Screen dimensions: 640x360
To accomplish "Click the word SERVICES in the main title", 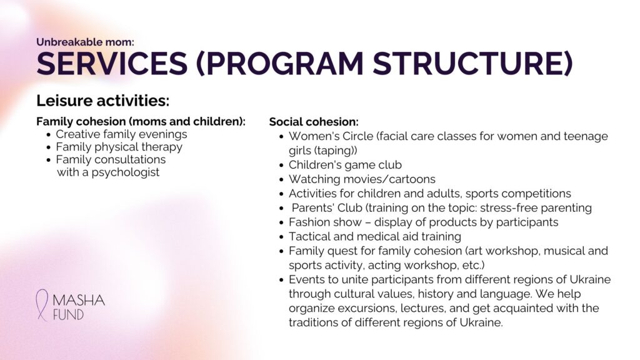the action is click(112, 63).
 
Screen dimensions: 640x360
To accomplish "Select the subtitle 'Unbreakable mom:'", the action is click(85, 42).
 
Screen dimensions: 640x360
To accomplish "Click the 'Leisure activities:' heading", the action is click(103, 101).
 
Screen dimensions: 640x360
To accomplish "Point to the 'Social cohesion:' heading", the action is click(314, 122).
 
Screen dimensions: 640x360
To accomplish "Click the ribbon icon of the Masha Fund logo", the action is click(42, 304).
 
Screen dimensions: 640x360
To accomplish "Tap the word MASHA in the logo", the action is click(79, 301).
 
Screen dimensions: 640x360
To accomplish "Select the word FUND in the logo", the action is click(69, 315).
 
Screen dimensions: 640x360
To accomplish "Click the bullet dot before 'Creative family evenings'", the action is click(49, 135).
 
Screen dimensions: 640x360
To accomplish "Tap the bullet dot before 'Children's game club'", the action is click(281, 165).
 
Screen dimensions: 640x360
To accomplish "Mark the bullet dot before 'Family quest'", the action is click(281, 251).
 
